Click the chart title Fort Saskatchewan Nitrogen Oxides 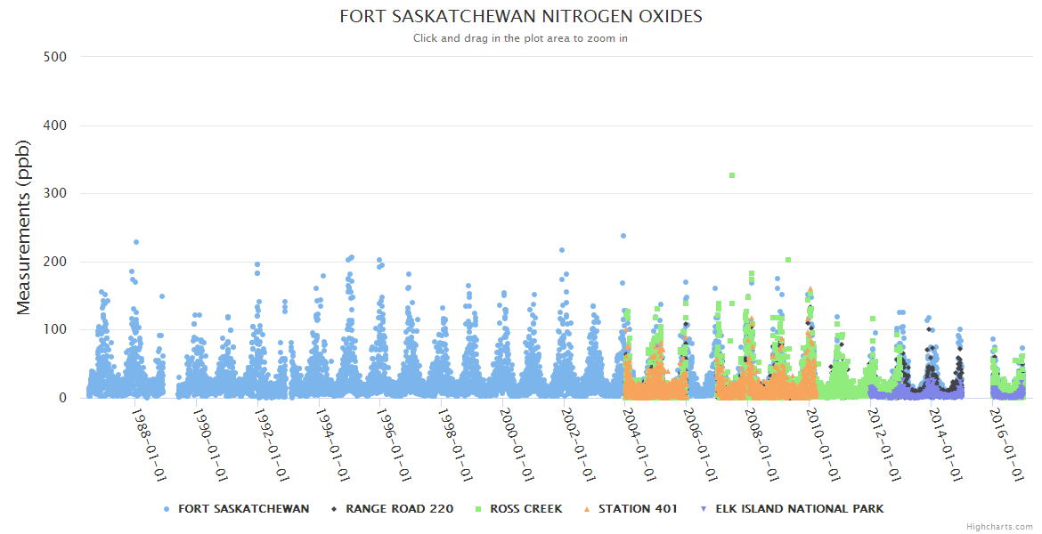coord(521,17)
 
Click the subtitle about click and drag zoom coord(521,38)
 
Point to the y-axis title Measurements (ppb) coord(25,227)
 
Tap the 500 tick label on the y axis coord(54,57)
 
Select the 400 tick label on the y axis coord(54,125)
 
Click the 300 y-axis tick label coord(54,193)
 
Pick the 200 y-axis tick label coord(54,262)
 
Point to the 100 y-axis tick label coord(54,329)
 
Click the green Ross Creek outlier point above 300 coord(732,175)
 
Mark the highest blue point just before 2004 coord(623,236)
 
